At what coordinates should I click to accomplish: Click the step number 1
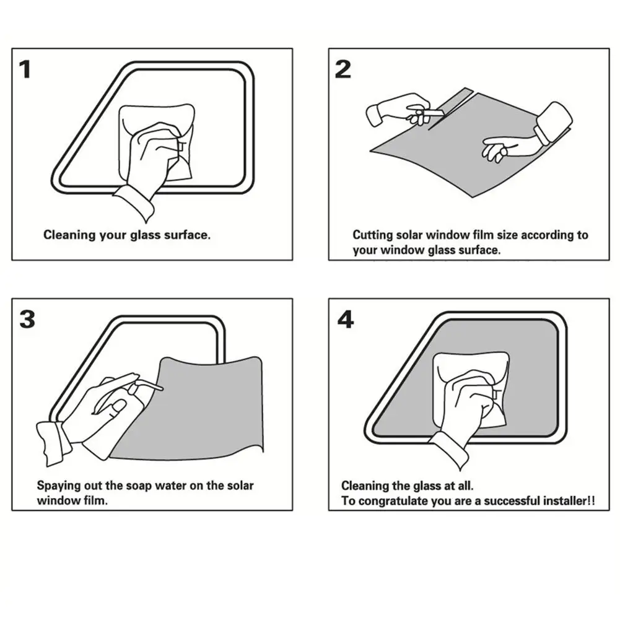[x=25, y=69]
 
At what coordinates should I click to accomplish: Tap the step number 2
[x=343, y=69]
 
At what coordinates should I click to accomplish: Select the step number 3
[x=27, y=319]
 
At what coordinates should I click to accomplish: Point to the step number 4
[x=346, y=319]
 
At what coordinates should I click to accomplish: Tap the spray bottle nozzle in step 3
[x=151, y=385]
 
